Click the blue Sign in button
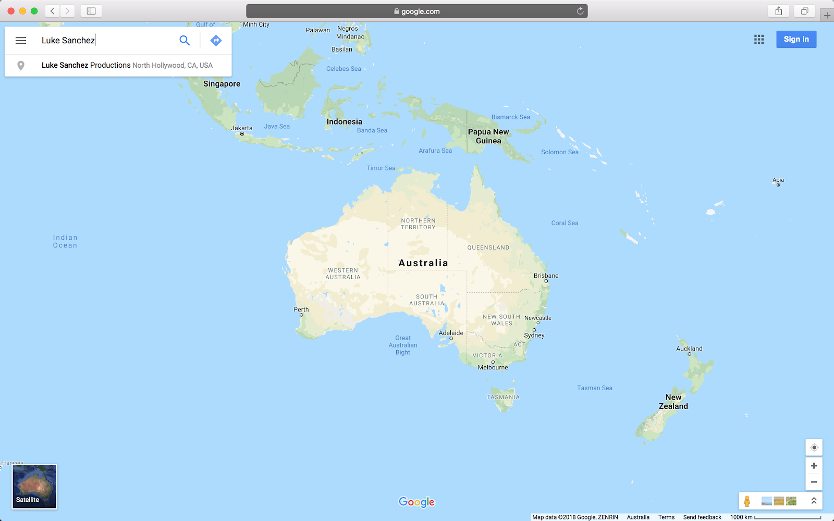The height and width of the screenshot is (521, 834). pos(796,39)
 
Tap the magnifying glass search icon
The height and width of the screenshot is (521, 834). pos(185,40)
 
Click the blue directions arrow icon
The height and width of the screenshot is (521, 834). pos(216,40)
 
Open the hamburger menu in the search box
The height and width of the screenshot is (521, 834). pos(21,40)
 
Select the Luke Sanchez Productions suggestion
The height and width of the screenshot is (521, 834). pos(127,65)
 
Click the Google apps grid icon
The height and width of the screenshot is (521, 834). pos(759,39)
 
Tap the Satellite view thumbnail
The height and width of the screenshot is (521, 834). pos(34,486)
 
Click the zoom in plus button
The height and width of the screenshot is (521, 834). pos(814,466)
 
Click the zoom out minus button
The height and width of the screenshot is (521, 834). pos(814,482)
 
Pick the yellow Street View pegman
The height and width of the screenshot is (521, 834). pos(747,501)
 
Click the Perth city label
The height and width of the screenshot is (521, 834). pos(301,309)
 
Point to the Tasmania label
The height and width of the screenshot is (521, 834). pos(503,397)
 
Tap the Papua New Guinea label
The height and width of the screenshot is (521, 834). pos(488,136)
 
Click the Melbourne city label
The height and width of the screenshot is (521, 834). pos(493,367)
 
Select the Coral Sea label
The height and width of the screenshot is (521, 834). pos(565,223)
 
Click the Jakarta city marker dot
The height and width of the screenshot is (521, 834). pos(242,134)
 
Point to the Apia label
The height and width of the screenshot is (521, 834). pos(778,180)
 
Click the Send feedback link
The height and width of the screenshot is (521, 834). pos(702,517)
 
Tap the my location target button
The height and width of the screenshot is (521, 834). pos(814,448)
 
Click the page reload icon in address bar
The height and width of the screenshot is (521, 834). pos(580,11)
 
